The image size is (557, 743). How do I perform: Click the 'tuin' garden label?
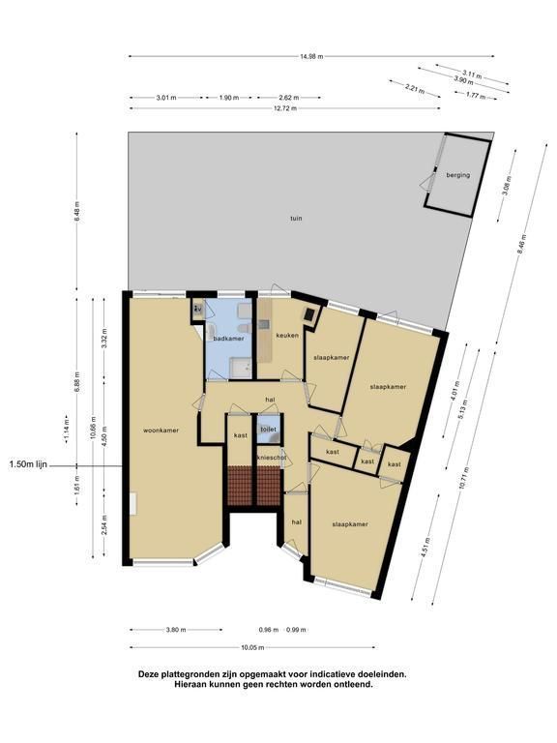point(296,219)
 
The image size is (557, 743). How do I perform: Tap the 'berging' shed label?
point(458,175)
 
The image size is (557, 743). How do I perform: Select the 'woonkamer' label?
point(161,431)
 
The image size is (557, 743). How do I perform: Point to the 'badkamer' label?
point(228,339)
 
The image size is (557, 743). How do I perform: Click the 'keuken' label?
point(287,336)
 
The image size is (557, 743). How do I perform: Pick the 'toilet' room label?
point(268,430)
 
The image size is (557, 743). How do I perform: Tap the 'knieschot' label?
point(271,458)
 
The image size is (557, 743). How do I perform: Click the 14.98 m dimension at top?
point(311,56)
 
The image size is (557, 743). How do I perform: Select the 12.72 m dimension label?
point(285,108)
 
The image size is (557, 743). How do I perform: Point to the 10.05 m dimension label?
point(252,647)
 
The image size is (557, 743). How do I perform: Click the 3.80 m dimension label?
point(176,630)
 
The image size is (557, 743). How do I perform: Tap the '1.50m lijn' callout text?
point(28,464)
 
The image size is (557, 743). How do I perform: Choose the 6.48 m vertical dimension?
point(76,211)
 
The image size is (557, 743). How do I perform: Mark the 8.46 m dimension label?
point(521,244)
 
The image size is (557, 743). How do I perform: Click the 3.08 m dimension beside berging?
point(507,186)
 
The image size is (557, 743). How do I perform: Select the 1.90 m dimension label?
point(229,98)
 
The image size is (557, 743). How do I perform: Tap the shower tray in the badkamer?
point(241,368)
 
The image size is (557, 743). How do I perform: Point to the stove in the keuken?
point(310,313)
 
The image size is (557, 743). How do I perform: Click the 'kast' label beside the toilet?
point(241,435)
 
